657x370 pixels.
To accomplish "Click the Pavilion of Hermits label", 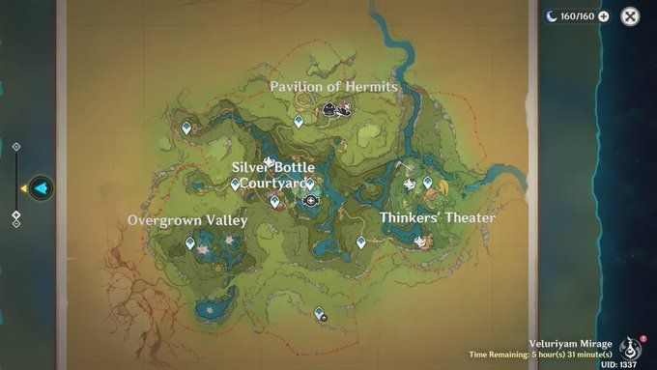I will pyautogui.click(x=333, y=87).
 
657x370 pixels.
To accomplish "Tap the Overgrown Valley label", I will pyautogui.click(x=187, y=220).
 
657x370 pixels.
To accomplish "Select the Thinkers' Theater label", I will pyautogui.click(x=437, y=217).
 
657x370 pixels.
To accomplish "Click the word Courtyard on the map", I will pyautogui.click(x=274, y=183).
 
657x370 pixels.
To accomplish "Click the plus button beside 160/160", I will pyautogui.click(x=604, y=16).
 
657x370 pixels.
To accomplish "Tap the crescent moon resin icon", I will pyautogui.click(x=552, y=16).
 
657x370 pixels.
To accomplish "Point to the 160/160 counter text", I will pyautogui.click(x=578, y=16).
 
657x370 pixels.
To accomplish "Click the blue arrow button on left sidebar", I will pyautogui.click(x=41, y=187).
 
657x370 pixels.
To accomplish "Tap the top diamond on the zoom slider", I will pyautogui.click(x=16, y=147).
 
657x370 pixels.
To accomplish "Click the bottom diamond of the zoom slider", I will pyautogui.click(x=16, y=223).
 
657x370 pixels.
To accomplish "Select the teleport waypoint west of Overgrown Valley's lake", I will pyautogui.click(x=189, y=243).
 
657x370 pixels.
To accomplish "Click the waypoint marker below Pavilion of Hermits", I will pyautogui.click(x=299, y=122).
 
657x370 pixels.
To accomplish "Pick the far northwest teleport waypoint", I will pyautogui.click(x=186, y=127).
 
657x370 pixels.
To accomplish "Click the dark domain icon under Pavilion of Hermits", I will pyautogui.click(x=329, y=113).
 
